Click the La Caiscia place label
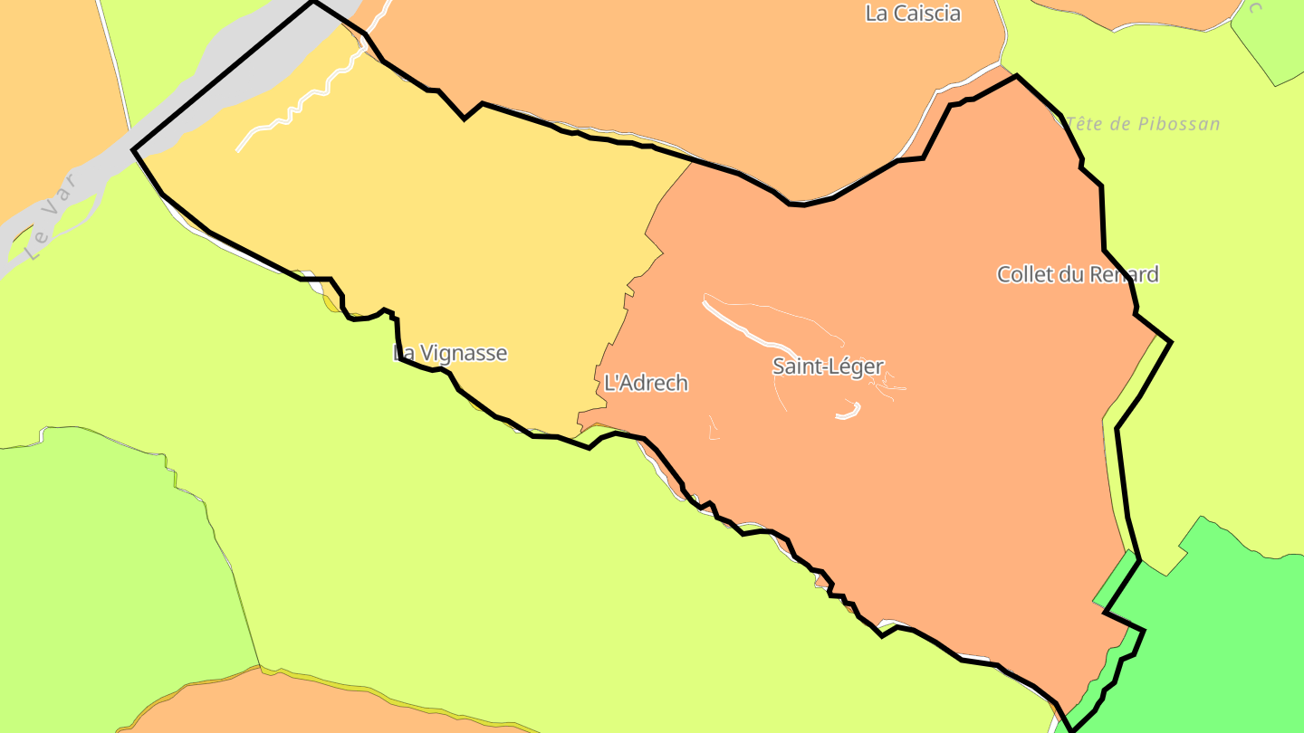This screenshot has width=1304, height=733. click(x=913, y=14)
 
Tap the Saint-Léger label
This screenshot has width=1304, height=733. click(x=828, y=366)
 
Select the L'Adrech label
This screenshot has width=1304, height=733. click(x=646, y=384)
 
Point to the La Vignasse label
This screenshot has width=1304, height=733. click(x=450, y=354)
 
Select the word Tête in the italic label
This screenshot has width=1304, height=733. click(x=1085, y=124)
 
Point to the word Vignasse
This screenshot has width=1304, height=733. click(x=463, y=354)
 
